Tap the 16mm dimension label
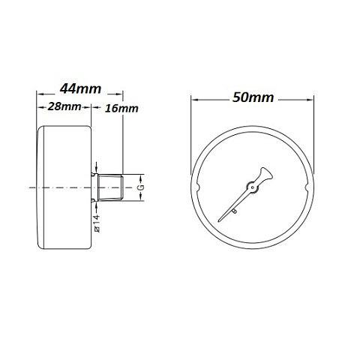121,109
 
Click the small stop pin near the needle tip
235,213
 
